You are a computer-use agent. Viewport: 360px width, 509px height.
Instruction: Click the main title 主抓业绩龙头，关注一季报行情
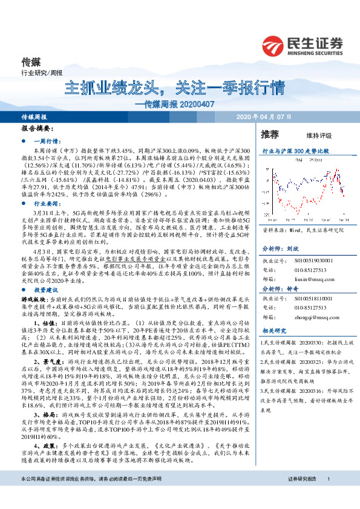[174, 86]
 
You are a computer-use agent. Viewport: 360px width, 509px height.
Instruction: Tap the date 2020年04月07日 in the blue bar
[263, 115]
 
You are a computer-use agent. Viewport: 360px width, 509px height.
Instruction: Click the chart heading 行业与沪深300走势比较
[295, 150]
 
